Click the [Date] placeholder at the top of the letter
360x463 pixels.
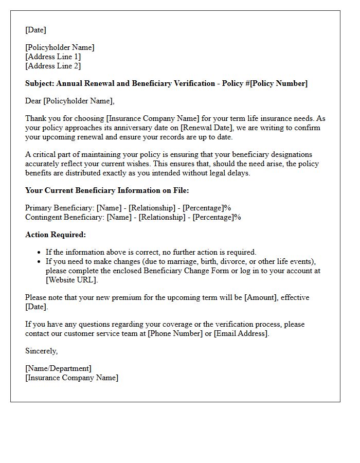pos(35,30)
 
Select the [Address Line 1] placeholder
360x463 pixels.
pos(53,57)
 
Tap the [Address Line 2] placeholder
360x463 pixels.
pos(53,66)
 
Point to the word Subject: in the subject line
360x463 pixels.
pos(40,83)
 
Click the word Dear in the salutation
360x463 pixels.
pos(33,101)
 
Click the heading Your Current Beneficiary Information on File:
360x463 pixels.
pos(107,190)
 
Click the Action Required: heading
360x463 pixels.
pos(56,235)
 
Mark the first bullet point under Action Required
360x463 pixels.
pos(40,253)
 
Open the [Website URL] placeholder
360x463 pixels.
pos(71,280)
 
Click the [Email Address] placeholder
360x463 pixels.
pos(240,333)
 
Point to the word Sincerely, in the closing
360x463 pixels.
pos(41,351)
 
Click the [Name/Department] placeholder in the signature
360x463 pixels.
pos(58,368)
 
